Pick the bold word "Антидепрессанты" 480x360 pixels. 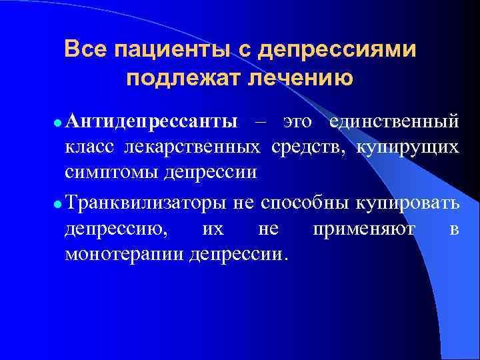(x=151, y=122)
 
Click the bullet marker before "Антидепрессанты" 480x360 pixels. (x=58, y=123)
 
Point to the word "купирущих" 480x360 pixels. (x=407, y=147)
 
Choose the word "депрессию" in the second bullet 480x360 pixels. (x=117, y=229)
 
